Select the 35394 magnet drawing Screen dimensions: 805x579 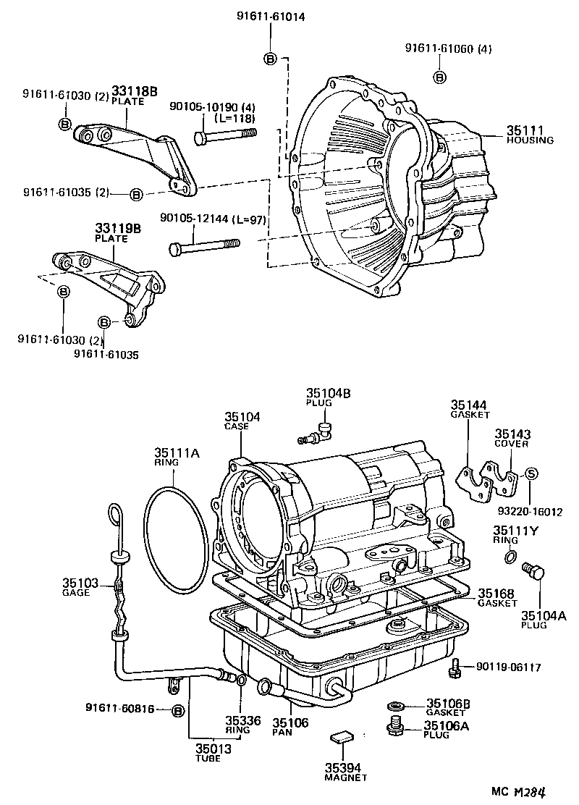point(340,738)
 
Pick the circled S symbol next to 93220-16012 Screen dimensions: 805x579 point(531,474)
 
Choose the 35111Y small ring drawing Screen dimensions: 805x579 point(510,557)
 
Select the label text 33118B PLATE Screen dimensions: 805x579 point(134,96)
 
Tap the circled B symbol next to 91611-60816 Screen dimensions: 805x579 point(177,711)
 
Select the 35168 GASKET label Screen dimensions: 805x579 point(496,597)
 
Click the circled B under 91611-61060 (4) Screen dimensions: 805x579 point(439,77)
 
